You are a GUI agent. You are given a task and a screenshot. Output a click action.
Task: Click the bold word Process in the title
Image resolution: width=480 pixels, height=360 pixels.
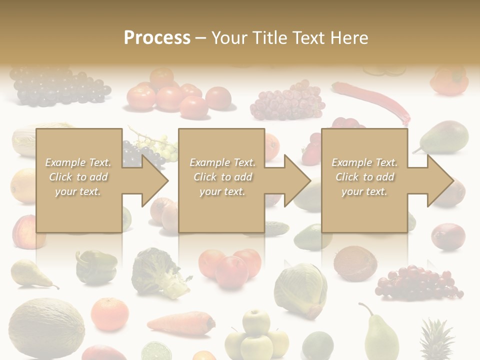tap(157, 38)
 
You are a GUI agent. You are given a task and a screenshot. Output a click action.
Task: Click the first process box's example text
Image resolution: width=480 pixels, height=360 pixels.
tap(78, 177)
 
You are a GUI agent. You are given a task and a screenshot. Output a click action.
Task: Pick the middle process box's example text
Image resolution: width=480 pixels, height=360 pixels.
tap(222, 177)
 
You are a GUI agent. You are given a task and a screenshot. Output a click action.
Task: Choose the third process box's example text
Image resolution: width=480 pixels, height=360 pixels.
tap(364, 177)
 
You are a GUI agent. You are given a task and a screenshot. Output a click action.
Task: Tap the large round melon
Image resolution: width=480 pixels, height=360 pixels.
tap(46, 327)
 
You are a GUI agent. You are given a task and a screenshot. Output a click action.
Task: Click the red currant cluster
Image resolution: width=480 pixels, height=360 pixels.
tap(418, 282)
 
